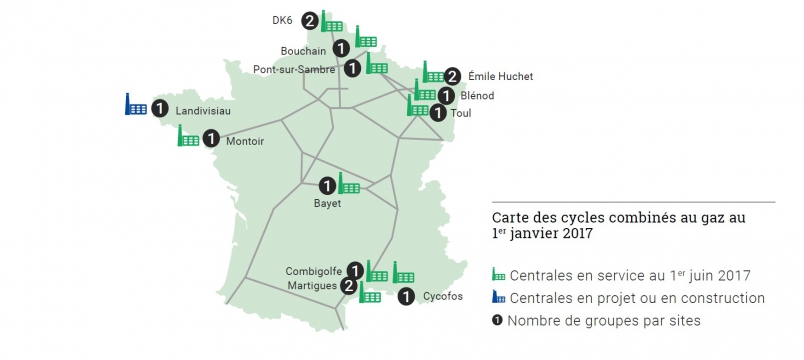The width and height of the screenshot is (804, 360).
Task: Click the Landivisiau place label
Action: pos(203,111)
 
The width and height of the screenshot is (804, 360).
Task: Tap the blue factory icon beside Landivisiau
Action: pos(135,104)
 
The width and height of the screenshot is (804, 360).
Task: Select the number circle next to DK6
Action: pos(310,20)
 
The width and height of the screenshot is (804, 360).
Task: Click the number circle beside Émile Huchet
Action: pos(452,75)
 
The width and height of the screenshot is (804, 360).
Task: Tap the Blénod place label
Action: pos(478,96)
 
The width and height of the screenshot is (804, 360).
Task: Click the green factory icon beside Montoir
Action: pos(188,137)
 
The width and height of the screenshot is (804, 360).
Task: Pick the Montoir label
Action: pos(245,141)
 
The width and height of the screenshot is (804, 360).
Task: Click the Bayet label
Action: pos(327,204)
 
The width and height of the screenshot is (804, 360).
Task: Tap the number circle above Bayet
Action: pos(327,185)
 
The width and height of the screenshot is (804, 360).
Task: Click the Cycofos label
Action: pos(443,296)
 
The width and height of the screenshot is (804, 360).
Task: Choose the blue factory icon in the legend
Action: pos(499,298)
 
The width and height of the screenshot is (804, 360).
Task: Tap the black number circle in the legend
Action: pos(498,321)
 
